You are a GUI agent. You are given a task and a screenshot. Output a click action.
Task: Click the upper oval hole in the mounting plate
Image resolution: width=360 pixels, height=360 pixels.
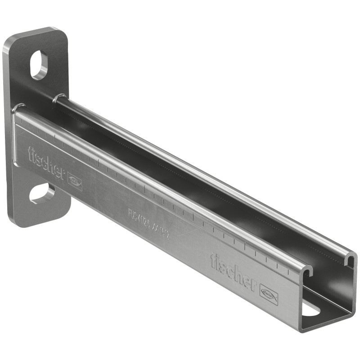pos(40,65)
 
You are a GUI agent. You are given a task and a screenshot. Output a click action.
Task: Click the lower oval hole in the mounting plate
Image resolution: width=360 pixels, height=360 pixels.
pos(42,193)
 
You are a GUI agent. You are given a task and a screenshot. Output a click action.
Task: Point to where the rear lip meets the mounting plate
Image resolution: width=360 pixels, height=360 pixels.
pos(58,97)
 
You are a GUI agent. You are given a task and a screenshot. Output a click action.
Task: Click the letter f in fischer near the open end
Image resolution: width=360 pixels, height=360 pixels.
pos(213,260)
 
